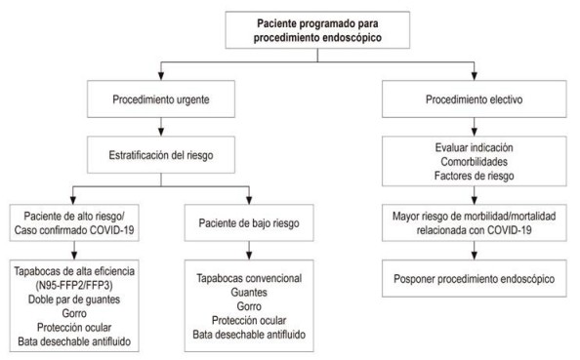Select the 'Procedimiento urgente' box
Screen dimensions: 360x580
(162, 100)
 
